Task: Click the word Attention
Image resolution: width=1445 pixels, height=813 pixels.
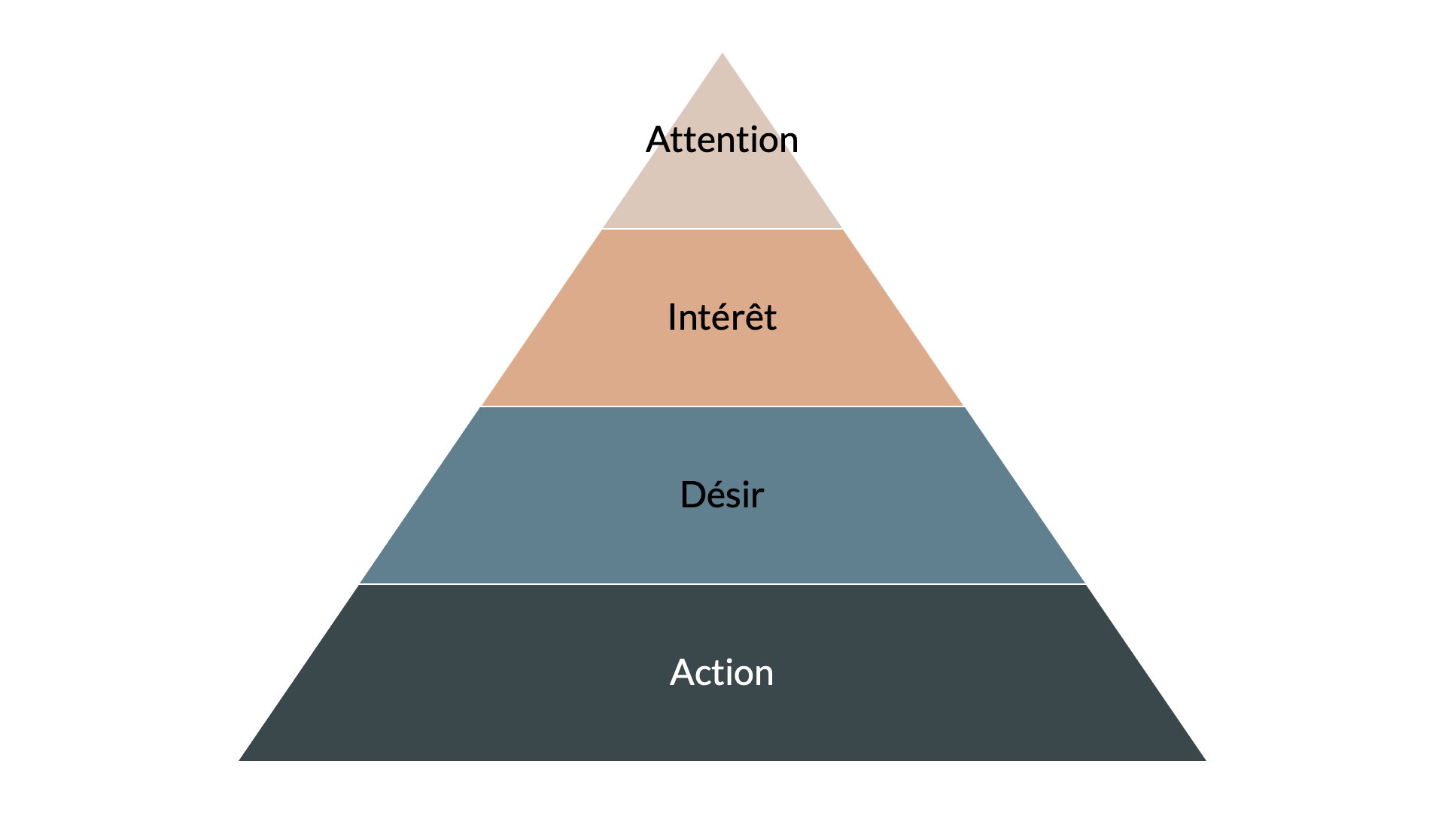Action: [x=722, y=140]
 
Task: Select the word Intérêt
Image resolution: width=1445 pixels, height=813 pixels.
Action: [x=722, y=317]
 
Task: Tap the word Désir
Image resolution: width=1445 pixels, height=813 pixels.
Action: [x=722, y=495]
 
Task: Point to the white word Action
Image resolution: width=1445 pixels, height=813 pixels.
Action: [x=722, y=672]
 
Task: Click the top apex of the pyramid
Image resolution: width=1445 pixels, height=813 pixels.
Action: [x=722, y=54]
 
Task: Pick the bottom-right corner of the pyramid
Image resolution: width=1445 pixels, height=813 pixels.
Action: [x=1204, y=760]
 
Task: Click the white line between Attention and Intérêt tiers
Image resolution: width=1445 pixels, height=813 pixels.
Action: [x=722, y=228]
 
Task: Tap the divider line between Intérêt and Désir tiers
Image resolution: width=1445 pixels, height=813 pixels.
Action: [x=722, y=406]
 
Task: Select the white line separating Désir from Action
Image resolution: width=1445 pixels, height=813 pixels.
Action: [x=722, y=584]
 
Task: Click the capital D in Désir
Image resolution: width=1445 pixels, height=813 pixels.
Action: [x=691, y=495]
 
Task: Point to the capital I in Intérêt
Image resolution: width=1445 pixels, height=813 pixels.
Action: [x=671, y=318]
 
